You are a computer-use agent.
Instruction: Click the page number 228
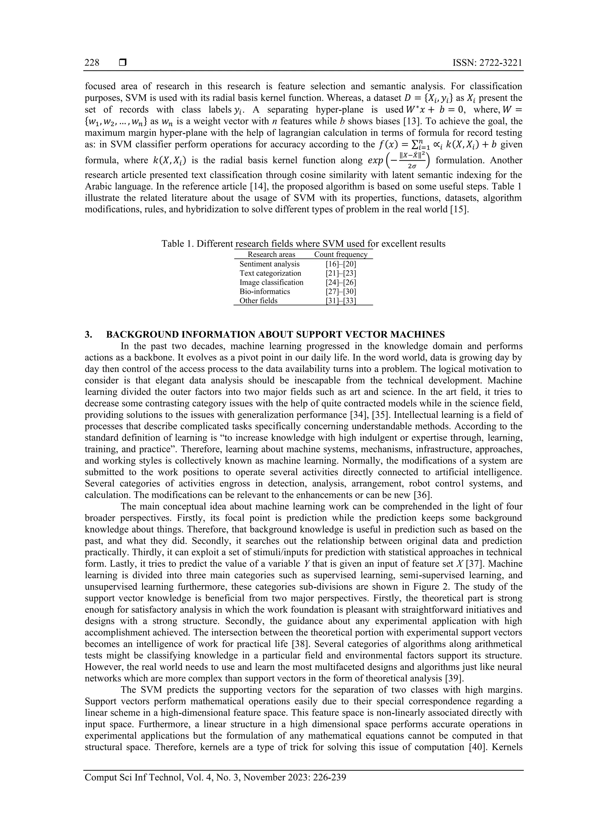(x=92, y=63)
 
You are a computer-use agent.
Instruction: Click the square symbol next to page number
(x=123, y=63)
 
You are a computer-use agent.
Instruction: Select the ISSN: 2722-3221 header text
(x=487, y=63)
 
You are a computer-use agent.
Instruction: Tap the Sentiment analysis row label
(x=269, y=264)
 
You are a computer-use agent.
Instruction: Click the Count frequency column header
(x=341, y=254)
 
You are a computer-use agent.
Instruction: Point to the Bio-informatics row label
(x=265, y=291)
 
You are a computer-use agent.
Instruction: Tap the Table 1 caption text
(x=303, y=244)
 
